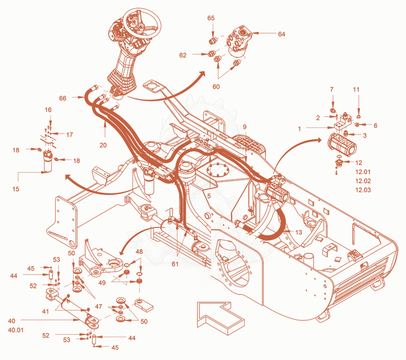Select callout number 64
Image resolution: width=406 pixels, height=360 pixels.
[282, 34]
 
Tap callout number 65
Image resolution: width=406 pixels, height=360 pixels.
[211, 18]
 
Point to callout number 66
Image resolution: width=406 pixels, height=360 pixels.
[62, 98]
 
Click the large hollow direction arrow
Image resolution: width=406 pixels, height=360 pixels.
[221, 318]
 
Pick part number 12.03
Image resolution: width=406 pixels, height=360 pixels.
[363, 190]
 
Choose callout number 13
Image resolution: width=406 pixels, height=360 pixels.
[298, 233]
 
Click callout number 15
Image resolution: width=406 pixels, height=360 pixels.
[16, 189]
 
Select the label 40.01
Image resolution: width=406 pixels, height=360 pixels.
[16, 330]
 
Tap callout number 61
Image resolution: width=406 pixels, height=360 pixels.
[175, 264]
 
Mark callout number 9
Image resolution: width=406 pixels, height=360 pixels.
[245, 127]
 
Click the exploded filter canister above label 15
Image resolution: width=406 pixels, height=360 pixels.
[48, 161]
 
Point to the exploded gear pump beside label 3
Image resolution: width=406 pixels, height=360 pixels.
[342, 145]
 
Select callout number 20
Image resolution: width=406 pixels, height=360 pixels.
[103, 145]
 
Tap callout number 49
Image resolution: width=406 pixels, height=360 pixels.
[102, 282]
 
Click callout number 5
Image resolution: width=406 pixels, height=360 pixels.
[209, 196]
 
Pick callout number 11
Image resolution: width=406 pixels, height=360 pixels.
[356, 89]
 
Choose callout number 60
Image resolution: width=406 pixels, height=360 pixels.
[216, 86]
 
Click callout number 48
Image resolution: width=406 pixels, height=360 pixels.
[139, 251]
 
